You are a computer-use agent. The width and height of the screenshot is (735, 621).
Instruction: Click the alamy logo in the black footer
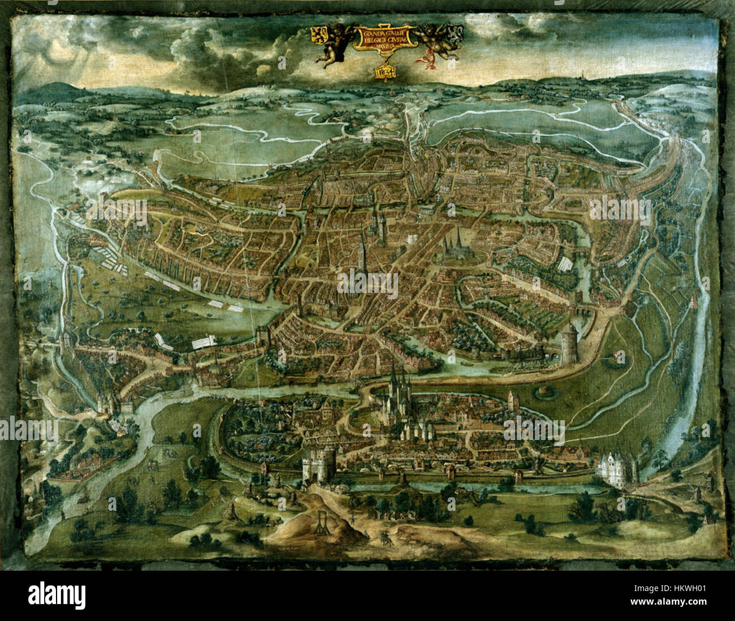[57, 595]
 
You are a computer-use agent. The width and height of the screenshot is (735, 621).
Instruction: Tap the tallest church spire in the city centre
[361, 249]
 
